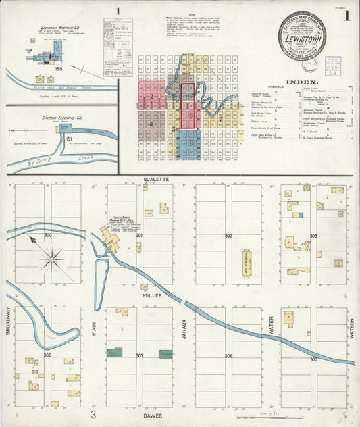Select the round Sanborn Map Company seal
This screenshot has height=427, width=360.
(x=303, y=36)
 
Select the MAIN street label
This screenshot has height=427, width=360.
(x=95, y=329)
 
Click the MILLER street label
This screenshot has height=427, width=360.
(x=153, y=296)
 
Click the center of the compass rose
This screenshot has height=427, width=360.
(x=52, y=257)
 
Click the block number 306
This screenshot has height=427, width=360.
(x=229, y=356)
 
